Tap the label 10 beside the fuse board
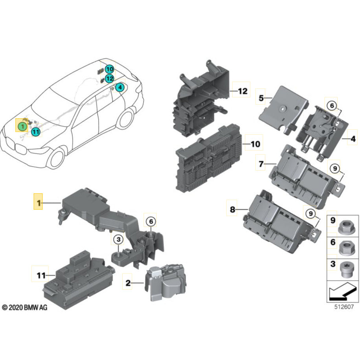(x=255, y=144)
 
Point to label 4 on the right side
(x=353, y=139)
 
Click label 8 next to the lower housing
(x=232, y=210)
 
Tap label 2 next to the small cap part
(x=128, y=283)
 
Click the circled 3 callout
(x=118, y=239)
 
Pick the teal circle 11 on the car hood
(x=35, y=132)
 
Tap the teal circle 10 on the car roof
(x=109, y=70)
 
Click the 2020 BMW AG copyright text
(x=24, y=308)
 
